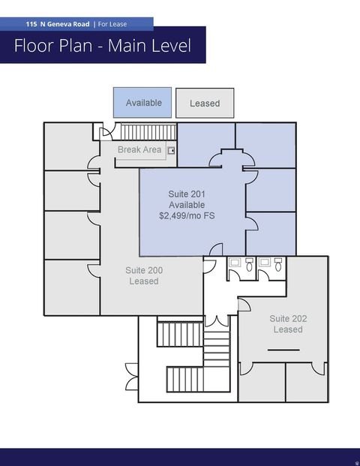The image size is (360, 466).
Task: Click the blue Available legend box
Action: point(142,102)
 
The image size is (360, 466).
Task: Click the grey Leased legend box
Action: point(204,103)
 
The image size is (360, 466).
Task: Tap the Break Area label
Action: point(139,150)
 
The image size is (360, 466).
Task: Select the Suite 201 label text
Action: point(187,194)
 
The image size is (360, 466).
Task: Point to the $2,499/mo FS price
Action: point(187,216)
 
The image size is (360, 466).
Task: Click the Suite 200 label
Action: point(144,270)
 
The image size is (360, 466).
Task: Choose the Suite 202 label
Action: point(288,319)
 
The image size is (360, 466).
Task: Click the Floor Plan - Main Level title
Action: point(102,47)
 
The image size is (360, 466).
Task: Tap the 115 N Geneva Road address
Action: point(57,24)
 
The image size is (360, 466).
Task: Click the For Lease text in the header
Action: point(112,24)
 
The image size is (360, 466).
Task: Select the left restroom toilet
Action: point(249,264)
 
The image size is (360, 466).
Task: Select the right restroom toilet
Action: point(279,264)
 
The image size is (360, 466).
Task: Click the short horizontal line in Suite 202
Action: point(283,350)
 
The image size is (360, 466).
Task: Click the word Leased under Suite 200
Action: point(144,281)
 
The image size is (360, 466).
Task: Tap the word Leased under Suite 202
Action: point(288,330)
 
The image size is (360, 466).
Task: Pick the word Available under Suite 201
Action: point(187,205)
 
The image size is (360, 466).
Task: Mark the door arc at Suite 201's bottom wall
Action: point(216,248)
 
